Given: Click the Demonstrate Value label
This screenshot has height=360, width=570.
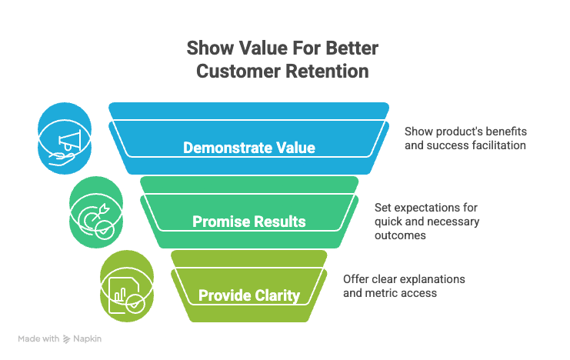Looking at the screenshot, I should coord(249,147).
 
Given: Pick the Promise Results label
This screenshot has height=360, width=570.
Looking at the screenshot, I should coord(249,222).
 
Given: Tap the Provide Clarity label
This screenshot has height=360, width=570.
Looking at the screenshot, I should coord(249,295).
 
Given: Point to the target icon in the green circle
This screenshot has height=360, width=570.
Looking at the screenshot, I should coord(95,214).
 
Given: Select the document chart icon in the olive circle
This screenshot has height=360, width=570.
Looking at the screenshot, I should coord(125,287).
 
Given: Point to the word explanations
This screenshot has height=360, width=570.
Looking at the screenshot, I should coord(432,279).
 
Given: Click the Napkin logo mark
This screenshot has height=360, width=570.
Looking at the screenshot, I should coord(67,338).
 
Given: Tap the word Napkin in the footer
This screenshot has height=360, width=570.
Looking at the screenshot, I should coord(90,338).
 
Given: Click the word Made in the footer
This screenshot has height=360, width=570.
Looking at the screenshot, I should coord(29,338).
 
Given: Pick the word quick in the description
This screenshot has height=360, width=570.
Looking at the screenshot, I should coord(389,222).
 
